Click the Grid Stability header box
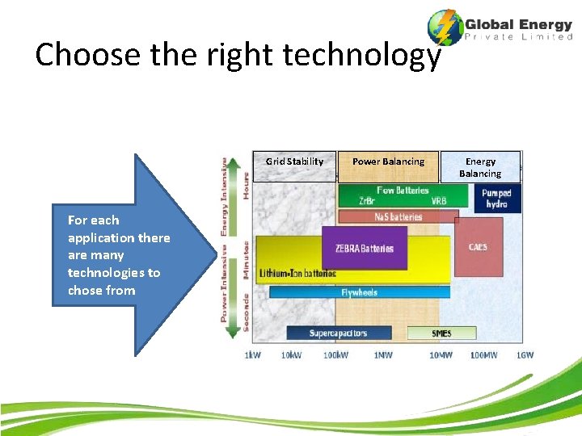(294, 166)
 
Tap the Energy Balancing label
(480, 167)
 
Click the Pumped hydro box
(496, 199)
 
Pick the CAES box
(478, 246)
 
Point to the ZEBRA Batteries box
(365, 249)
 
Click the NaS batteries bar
(398, 217)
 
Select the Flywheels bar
(359, 292)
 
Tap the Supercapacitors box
(338, 333)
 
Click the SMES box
(441, 333)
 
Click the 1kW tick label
(253, 355)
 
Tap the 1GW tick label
(525, 355)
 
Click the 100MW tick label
(483, 355)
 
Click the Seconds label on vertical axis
(246, 312)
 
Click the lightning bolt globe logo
(444, 28)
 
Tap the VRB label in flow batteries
(439, 201)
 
